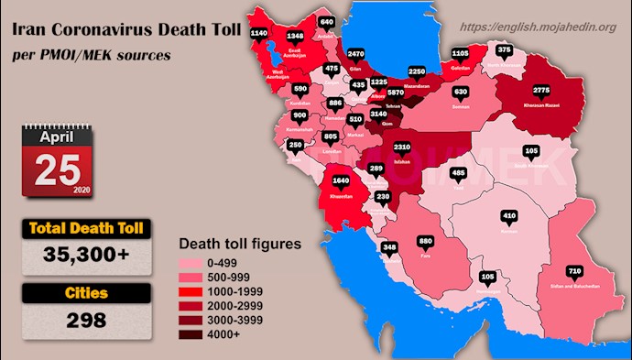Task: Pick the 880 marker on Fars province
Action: (x=425, y=242)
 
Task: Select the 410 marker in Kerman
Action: (x=509, y=217)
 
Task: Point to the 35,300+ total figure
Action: (x=82, y=258)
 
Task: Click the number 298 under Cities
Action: (x=82, y=320)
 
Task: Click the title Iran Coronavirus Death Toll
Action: (x=125, y=32)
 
